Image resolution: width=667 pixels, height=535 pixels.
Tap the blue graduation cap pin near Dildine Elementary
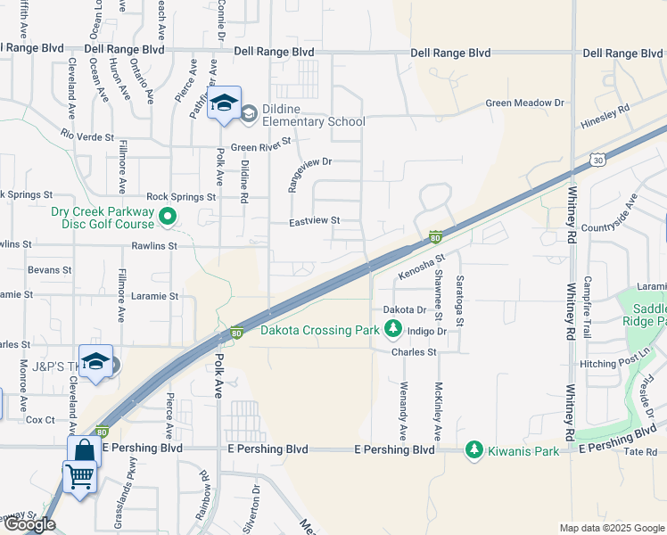coord(225,103)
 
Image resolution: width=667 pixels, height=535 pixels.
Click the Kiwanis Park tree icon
coord(474,451)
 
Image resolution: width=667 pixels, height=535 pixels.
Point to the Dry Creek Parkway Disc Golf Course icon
coord(167,217)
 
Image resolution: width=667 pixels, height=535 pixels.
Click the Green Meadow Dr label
coord(525,103)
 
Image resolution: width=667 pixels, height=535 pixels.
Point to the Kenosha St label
coord(421,265)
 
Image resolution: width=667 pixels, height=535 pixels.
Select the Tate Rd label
coord(639,452)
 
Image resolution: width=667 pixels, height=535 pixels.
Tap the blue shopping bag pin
coord(83,451)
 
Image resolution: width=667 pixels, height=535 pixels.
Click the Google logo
coord(29,524)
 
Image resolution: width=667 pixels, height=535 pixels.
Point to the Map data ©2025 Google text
coord(611,528)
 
